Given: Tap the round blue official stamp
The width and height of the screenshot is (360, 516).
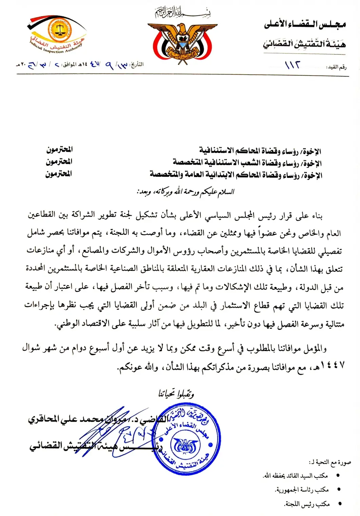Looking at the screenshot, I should (186, 438).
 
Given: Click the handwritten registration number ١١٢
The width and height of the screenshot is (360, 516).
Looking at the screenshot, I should (292, 65).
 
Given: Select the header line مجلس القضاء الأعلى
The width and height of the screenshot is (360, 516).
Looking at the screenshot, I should (304, 24).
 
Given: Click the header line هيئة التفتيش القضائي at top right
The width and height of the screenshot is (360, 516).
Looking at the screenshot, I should (304, 44).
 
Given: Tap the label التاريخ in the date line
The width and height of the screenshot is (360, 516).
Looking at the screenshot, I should (137, 64).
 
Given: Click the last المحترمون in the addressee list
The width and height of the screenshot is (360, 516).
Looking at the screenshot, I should (59, 174).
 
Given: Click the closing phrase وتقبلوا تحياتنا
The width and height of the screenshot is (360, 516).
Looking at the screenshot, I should (176, 394).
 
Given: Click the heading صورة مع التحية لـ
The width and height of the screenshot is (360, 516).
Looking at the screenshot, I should (329, 462).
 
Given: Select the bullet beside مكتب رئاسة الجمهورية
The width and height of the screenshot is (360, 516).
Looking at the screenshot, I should (338, 490).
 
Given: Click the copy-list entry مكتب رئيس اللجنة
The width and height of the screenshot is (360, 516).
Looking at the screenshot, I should (307, 504).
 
